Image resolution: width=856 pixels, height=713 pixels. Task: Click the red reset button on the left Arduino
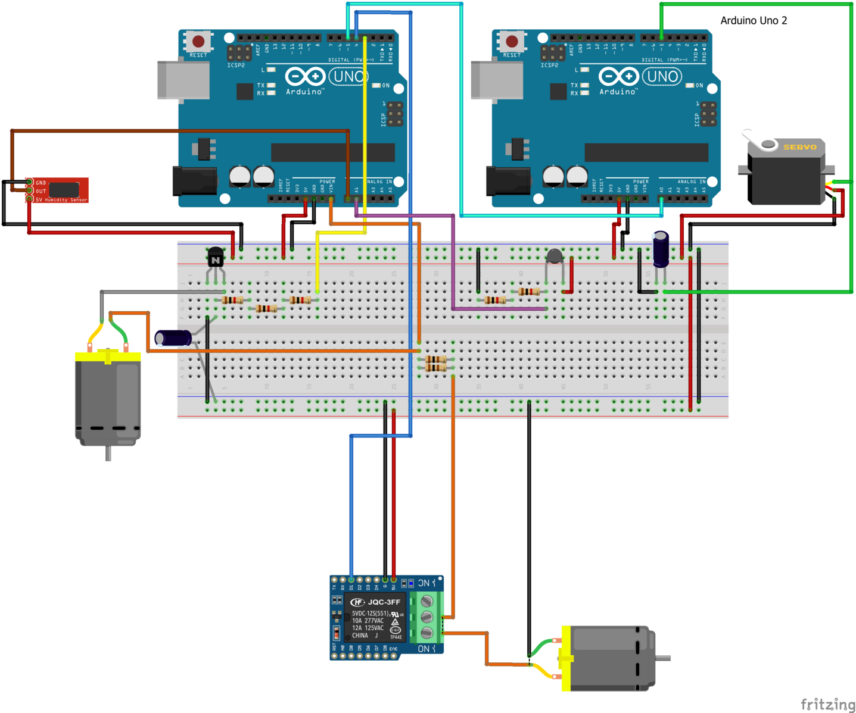tap(198, 42)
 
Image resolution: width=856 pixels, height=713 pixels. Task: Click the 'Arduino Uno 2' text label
tap(754, 21)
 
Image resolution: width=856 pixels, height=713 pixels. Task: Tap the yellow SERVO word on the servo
tap(799, 147)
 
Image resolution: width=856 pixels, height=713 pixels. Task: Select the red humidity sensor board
tap(60, 190)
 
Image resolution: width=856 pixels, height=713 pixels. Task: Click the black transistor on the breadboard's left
tap(216, 257)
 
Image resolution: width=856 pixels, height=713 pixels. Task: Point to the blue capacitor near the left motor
tap(173, 338)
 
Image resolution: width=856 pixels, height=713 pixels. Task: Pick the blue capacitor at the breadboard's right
tap(661, 250)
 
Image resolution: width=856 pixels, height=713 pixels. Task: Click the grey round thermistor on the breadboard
tap(555, 257)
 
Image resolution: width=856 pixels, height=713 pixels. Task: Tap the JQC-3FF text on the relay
tap(384, 602)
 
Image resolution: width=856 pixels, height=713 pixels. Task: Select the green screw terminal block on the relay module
tap(427, 617)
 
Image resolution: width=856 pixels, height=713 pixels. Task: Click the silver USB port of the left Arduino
tap(183, 80)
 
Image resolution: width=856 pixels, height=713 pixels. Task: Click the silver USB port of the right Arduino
tap(496, 80)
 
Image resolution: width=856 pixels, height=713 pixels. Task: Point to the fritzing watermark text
tap(827, 705)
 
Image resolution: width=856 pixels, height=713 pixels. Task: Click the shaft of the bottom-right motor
tap(662, 658)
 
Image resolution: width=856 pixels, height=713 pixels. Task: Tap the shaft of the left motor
tap(108, 453)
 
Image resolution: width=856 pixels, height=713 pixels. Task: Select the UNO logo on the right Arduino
tap(662, 76)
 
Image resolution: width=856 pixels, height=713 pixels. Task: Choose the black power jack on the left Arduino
tap(194, 181)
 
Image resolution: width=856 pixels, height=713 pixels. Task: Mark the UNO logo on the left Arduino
tap(348, 76)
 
